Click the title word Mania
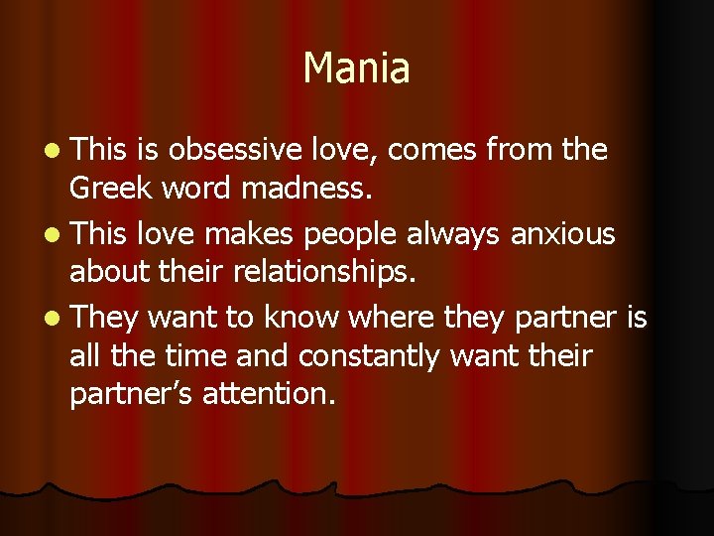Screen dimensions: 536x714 tap(356, 68)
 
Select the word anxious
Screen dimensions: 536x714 tap(562, 234)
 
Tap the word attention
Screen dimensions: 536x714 tap(269, 393)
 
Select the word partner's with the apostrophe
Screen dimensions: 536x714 tap(131, 394)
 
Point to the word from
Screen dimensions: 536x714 tap(521, 151)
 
